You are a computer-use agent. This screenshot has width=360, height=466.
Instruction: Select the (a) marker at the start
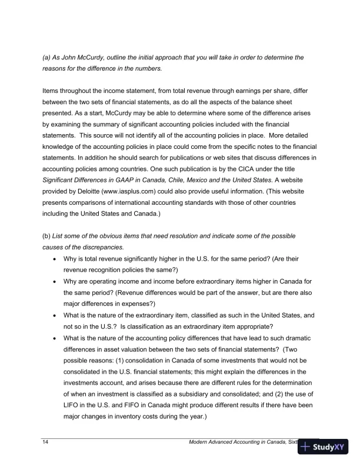pyautogui.click(x=46, y=58)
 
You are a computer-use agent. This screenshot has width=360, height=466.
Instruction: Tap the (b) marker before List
pyautogui.click(x=46, y=236)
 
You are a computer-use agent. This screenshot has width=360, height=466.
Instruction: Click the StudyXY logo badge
pyautogui.click(x=323, y=447)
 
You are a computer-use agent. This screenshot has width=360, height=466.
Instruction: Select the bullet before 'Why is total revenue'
pyautogui.click(x=55, y=258)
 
